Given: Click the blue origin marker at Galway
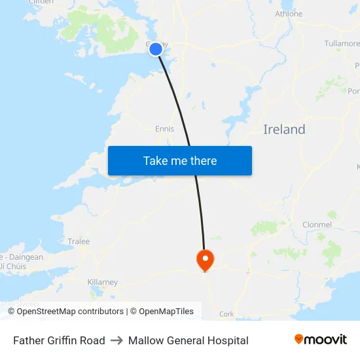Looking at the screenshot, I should [x=156, y=49].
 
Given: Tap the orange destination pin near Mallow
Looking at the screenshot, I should [x=206, y=259].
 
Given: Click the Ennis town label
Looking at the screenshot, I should [x=164, y=129].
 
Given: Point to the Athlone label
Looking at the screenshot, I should [x=289, y=14].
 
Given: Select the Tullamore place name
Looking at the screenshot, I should [x=342, y=43].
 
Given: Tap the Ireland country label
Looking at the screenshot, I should [x=284, y=130].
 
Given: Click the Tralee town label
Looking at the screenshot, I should [x=79, y=242].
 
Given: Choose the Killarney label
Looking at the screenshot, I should [x=102, y=282].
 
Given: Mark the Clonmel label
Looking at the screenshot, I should [x=317, y=225].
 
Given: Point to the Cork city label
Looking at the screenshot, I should [x=226, y=314].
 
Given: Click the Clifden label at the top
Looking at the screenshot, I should [x=41, y=3].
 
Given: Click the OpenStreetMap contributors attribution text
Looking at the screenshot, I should [x=70, y=312].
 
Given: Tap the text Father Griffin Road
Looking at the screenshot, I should [x=59, y=340].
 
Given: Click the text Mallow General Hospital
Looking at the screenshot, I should [x=189, y=340].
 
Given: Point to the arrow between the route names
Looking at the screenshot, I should [x=117, y=340].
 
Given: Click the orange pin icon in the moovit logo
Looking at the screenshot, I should [x=299, y=339].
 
